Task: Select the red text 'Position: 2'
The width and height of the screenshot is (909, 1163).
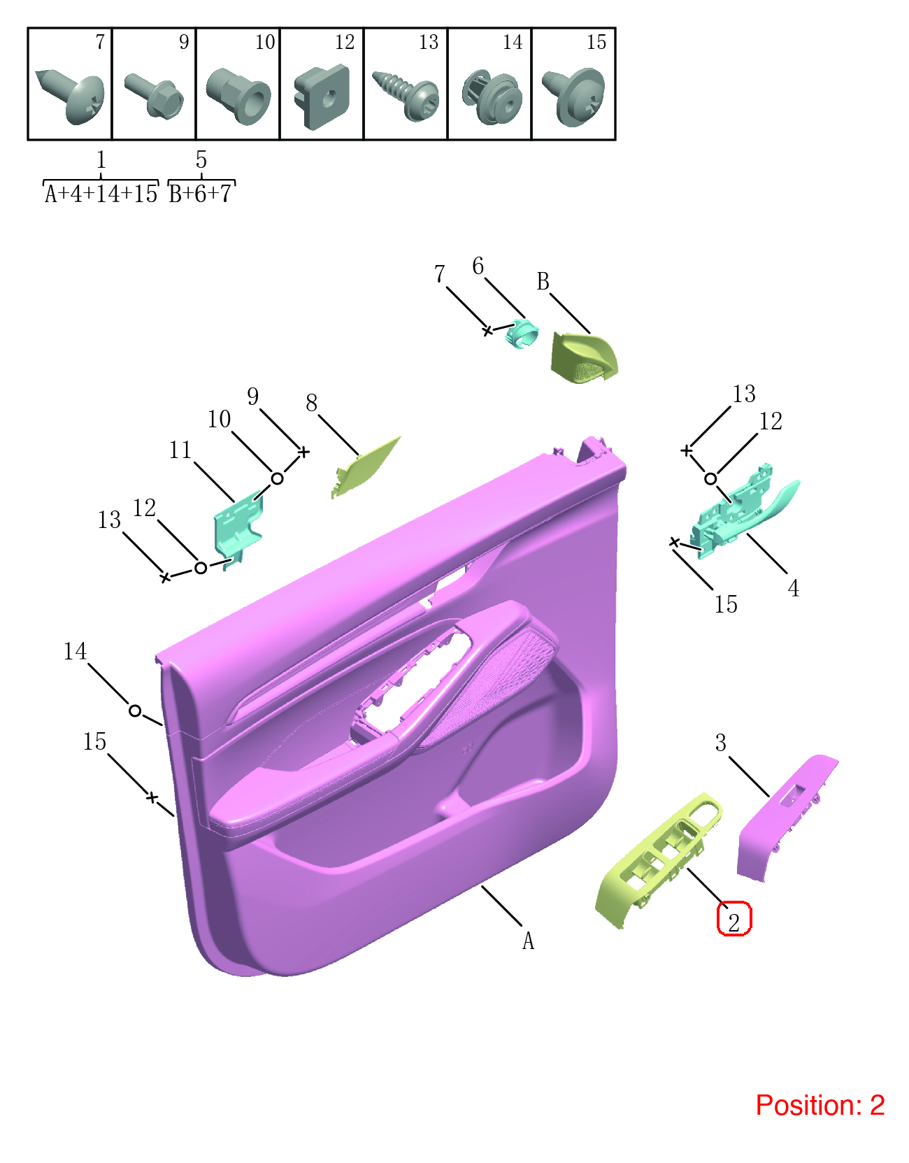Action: [x=820, y=1105]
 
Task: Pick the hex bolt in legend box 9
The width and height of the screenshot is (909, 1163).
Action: [x=154, y=96]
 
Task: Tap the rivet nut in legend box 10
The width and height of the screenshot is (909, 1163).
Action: [x=238, y=95]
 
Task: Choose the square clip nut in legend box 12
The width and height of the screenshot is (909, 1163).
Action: [x=322, y=97]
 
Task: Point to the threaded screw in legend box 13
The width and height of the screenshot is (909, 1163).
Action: [x=406, y=94]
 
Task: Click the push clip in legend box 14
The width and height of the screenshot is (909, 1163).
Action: [x=492, y=97]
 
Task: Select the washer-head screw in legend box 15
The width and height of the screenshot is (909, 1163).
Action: [x=573, y=97]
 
